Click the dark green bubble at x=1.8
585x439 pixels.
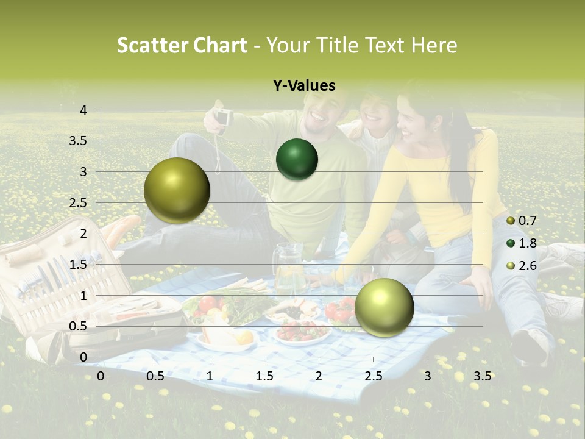pyautogui.click(x=297, y=160)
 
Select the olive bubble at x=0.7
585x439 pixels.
pyautogui.click(x=177, y=191)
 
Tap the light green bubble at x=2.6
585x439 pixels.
pyautogui.click(x=384, y=307)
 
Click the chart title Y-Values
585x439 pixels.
pyautogui.click(x=303, y=86)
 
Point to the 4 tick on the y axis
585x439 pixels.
pyautogui.click(x=83, y=110)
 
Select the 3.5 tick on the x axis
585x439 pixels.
pyautogui.click(x=482, y=376)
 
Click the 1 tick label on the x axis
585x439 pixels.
pyautogui.click(x=210, y=376)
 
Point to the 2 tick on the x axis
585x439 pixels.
pyautogui.click(x=318, y=376)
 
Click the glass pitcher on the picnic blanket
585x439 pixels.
pyautogui.click(x=288, y=268)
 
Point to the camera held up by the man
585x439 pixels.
pyautogui.click(x=222, y=118)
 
